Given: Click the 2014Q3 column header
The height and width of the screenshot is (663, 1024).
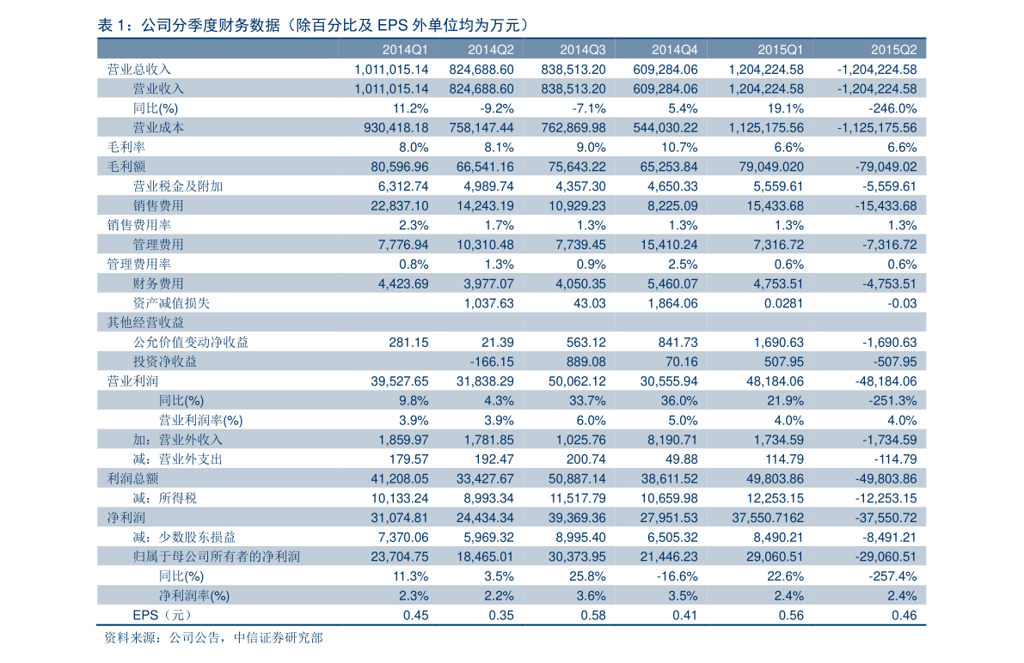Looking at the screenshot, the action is pyautogui.click(x=583, y=50).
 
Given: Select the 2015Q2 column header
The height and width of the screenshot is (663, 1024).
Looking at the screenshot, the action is pyautogui.click(x=893, y=50).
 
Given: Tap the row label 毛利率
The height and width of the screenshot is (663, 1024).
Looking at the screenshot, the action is pyautogui.click(x=126, y=147).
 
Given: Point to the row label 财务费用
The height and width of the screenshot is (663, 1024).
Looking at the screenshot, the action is pyautogui.click(x=158, y=283).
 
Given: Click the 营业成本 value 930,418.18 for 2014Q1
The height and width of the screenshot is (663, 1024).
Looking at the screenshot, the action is pyautogui.click(x=395, y=127).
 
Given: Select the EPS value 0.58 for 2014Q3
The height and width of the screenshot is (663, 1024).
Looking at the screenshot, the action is pyautogui.click(x=593, y=615).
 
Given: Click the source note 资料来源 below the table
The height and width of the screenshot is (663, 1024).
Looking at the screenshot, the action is pyautogui.click(x=213, y=637).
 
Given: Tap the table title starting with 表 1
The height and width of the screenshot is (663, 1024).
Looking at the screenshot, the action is pyautogui.click(x=313, y=25).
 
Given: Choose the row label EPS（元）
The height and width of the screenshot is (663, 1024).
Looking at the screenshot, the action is pyautogui.click(x=162, y=615).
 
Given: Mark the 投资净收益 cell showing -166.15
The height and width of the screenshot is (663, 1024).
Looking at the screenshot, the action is pyautogui.click(x=492, y=362).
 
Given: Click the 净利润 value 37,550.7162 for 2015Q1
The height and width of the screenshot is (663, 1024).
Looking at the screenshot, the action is pyautogui.click(x=767, y=518).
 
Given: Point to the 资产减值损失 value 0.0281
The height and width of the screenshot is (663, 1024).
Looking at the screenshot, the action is pyautogui.click(x=783, y=303).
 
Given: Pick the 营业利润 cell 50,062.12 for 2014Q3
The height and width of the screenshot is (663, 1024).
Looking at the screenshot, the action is pyautogui.click(x=577, y=380).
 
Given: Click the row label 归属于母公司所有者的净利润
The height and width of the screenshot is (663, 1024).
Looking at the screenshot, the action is pyautogui.click(x=216, y=556).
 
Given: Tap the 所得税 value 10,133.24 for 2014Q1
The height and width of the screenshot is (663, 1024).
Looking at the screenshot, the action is pyautogui.click(x=400, y=498).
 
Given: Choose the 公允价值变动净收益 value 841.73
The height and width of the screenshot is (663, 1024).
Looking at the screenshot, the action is pyautogui.click(x=678, y=342).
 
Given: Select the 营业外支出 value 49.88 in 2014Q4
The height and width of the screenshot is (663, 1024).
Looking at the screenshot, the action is pyautogui.click(x=681, y=459).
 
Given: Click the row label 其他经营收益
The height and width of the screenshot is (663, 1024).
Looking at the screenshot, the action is pyautogui.click(x=145, y=322).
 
